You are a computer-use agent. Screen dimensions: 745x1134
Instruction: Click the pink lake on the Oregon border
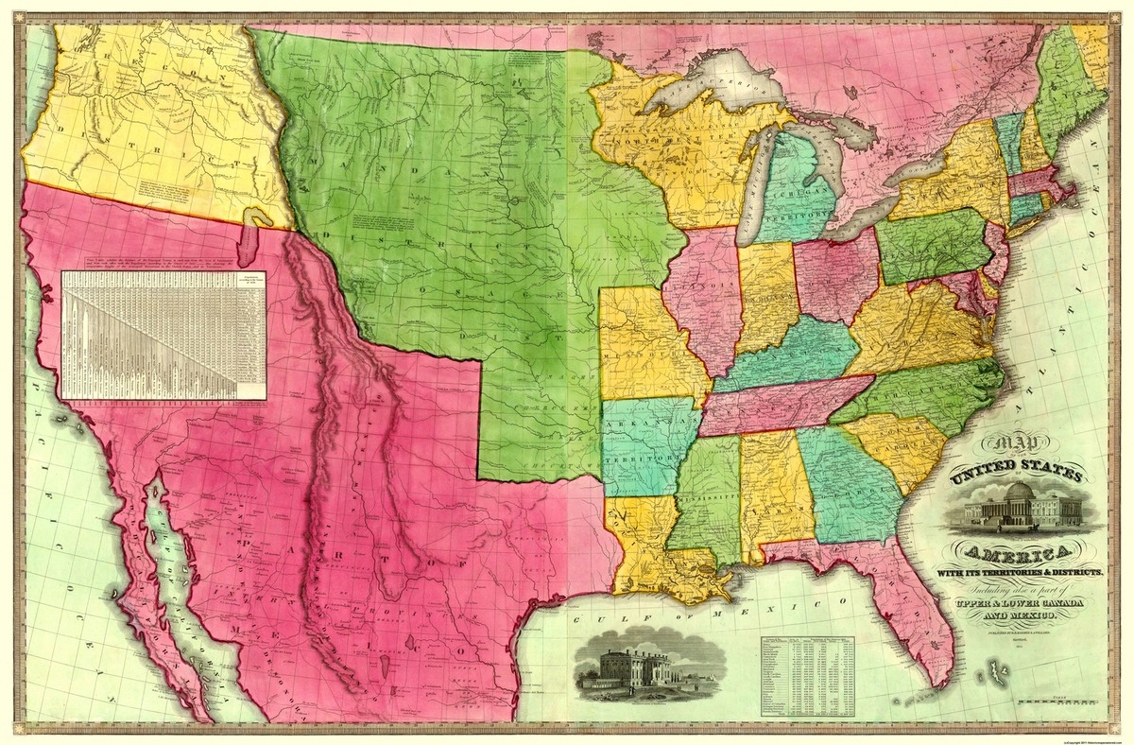[248, 241]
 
